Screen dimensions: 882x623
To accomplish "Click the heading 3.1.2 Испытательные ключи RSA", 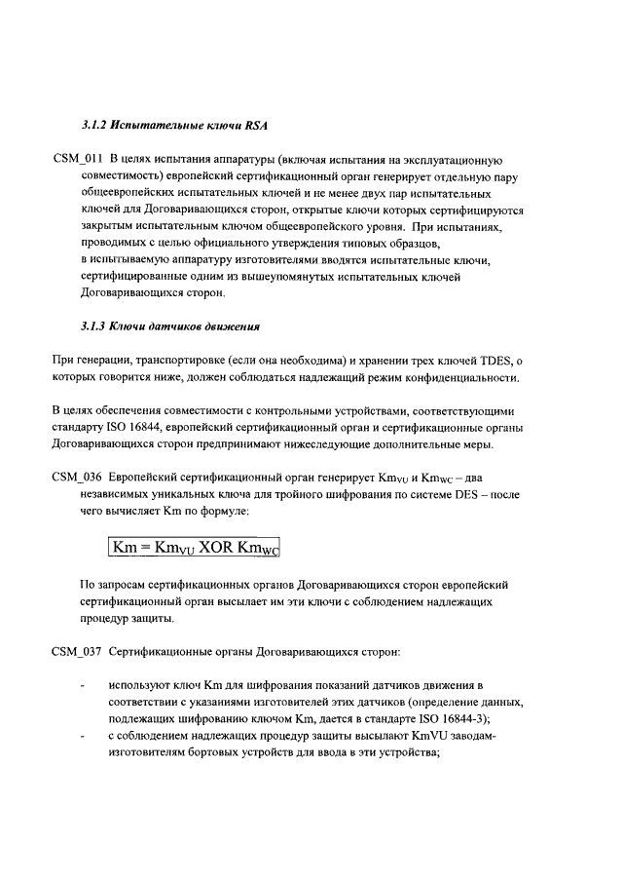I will point(174,127).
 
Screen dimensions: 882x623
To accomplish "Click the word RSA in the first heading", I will point(255,127).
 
